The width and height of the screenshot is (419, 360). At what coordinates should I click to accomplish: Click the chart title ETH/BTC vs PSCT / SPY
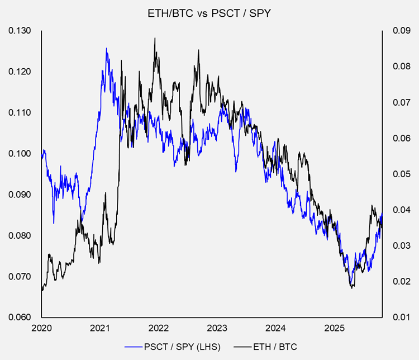pyautogui.click(x=209, y=13)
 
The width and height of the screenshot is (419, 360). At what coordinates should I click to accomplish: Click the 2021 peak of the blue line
pyautogui.click(x=106, y=49)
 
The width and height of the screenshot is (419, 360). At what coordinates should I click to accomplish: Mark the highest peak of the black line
pyautogui.click(x=154, y=38)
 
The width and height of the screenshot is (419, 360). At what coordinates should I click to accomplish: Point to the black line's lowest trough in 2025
pyautogui.click(x=351, y=288)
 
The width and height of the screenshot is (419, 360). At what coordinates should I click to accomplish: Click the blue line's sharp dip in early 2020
pyautogui.click(x=54, y=222)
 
